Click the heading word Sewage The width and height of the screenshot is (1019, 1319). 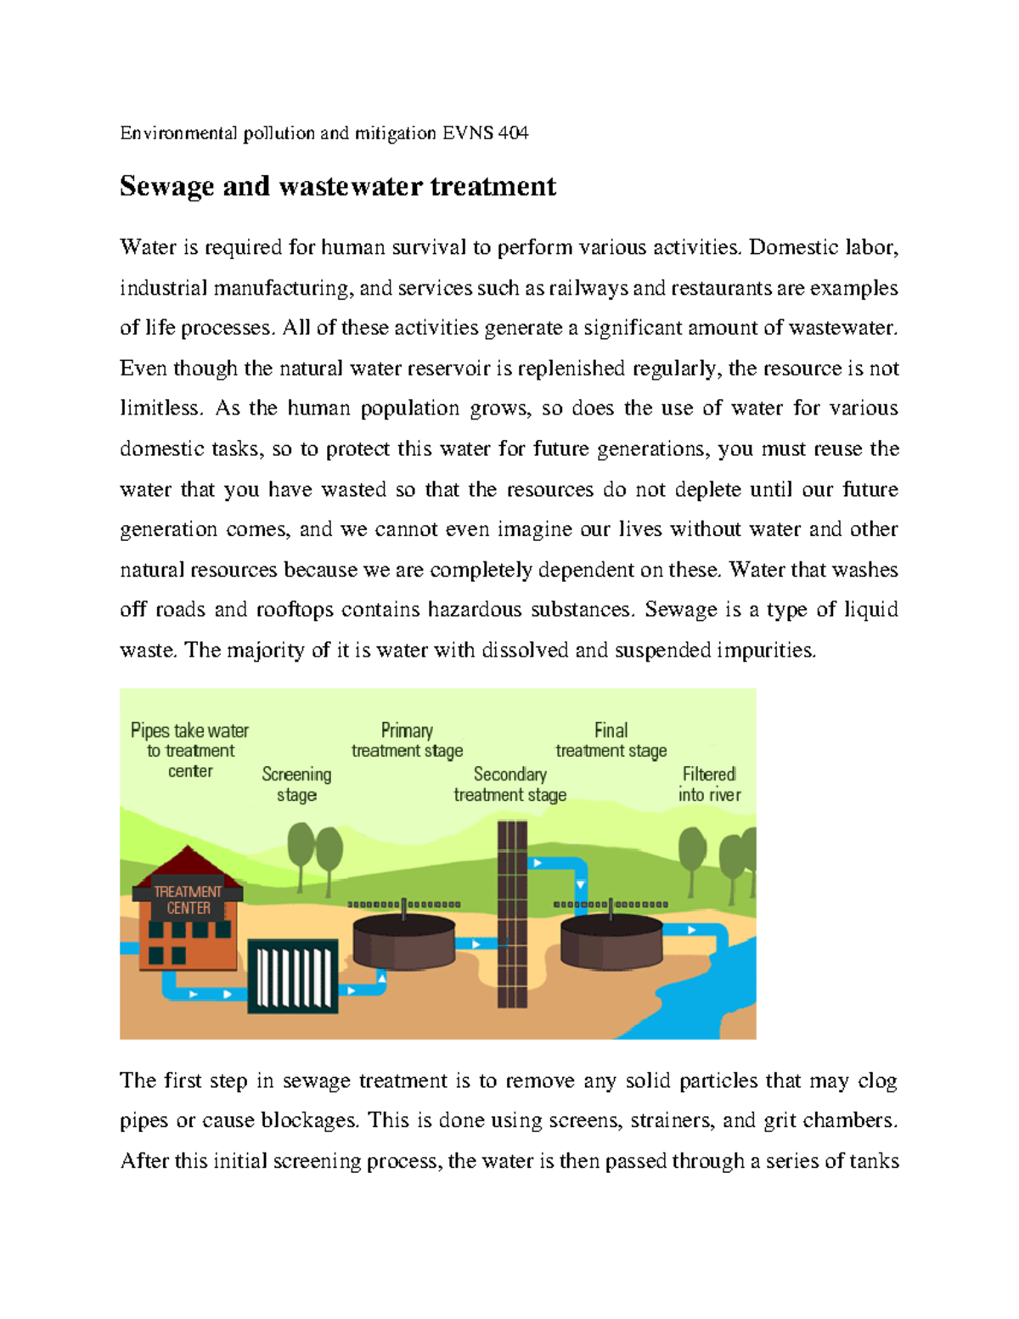pyautogui.click(x=166, y=187)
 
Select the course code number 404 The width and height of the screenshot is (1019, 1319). pyautogui.click(x=513, y=133)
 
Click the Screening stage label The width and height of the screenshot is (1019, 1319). pyautogui.click(x=296, y=784)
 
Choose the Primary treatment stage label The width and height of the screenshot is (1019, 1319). pyautogui.click(x=407, y=740)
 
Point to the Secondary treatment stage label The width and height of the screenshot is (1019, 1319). pyautogui.click(x=509, y=784)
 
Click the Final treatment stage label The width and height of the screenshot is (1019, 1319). pyautogui.click(x=611, y=740)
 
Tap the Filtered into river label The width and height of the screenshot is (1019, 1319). pyautogui.click(x=709, y=784)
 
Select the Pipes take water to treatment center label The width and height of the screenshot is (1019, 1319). pyautogui.click(x=189, y=750)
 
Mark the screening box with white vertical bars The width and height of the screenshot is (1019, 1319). pyautogui.click(x=293, y=976)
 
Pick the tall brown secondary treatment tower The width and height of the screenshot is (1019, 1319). pyautogui.click(x=512, y=913)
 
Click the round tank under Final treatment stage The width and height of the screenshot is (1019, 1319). pyautogui.click(x=611, y=944)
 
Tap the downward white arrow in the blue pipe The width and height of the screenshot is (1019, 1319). pyautogui.click(x=580, y=885)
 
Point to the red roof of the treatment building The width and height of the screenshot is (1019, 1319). pyautogui.click(x=188, y=865)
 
